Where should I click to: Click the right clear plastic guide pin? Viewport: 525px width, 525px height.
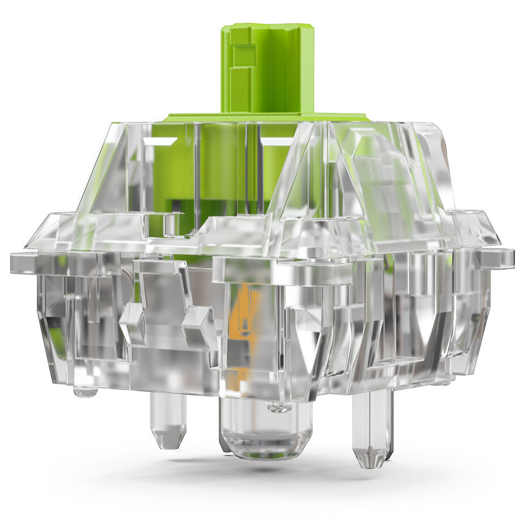click(x=371, y=425)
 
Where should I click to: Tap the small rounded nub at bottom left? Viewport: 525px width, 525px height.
click(x=85, y=391)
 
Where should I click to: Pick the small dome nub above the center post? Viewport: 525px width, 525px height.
click(x=280, y=406)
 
